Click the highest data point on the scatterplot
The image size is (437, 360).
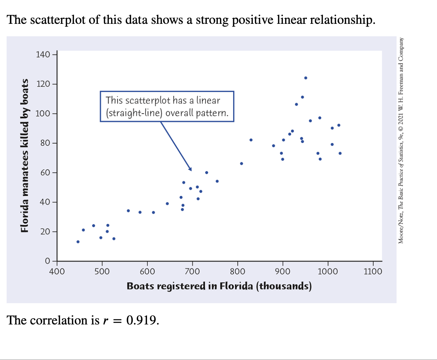point(305,78)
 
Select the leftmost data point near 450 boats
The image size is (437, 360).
point(78,242)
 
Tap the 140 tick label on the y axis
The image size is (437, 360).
point(43,55)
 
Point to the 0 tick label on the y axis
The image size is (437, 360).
point(47,261)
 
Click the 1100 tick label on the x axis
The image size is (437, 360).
point(373,272)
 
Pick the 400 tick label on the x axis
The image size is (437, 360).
point(57,272)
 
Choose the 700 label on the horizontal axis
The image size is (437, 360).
point(192,272)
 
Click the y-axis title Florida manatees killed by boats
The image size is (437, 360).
point(25,156)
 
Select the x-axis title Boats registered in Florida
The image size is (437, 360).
point(219,286)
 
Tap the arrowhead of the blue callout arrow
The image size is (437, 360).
point(190,169)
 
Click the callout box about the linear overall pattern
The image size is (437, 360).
point(167,106)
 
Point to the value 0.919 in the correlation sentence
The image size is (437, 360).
point(143,320)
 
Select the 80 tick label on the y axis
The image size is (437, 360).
point(45,143)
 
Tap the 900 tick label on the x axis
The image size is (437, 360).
point(283,272)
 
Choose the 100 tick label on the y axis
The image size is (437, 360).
point(43,114)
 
